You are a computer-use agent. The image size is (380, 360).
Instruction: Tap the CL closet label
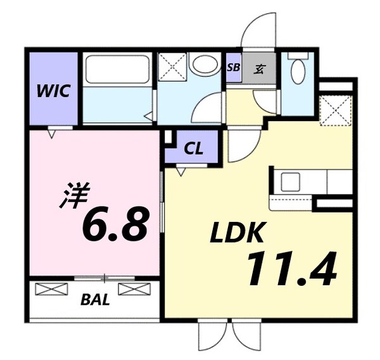point(193,150)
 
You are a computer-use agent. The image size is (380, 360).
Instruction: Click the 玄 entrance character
point(260,68)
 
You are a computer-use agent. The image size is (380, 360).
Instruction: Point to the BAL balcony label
point(94,300)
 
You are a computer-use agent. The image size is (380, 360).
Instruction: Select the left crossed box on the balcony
point(51,289)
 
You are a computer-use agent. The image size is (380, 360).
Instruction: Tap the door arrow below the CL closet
point(181,170)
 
